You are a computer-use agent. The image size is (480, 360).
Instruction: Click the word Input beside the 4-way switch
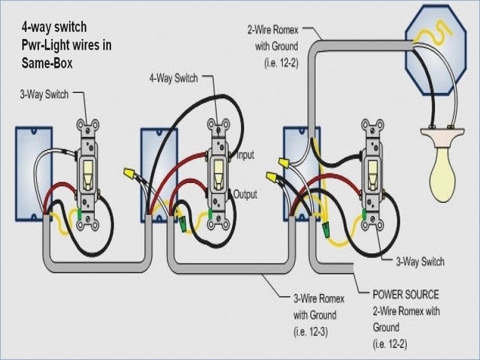[245, 155]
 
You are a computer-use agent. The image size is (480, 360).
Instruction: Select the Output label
[245, 194]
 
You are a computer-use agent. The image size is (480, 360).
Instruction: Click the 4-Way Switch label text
[175, 78]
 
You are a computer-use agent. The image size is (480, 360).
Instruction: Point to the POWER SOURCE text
[406, 295]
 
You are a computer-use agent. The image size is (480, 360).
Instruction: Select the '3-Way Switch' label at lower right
[420, 262]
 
